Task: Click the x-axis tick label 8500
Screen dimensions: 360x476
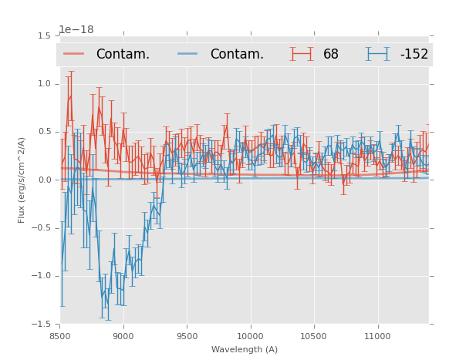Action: coord(60,336)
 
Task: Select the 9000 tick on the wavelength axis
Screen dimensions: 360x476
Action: coord(123,336)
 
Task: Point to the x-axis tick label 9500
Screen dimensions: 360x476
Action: coord(187,336)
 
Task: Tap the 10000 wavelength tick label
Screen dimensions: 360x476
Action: coord(251,336)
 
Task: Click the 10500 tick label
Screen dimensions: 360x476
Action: coord(314,336)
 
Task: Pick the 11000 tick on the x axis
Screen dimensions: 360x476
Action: coord(378,336)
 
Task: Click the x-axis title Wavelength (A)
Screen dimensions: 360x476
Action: coord(245,349)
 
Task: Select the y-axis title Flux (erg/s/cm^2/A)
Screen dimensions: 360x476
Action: coord(22,180)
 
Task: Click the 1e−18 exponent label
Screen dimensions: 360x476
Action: coord(76,29)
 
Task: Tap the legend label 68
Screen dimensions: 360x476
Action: coord(331,55)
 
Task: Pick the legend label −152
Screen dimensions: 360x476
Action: coord(414,55)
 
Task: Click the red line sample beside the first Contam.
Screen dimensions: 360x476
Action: coord(74,54)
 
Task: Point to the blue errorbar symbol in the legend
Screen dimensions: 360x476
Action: coord(378,54)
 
